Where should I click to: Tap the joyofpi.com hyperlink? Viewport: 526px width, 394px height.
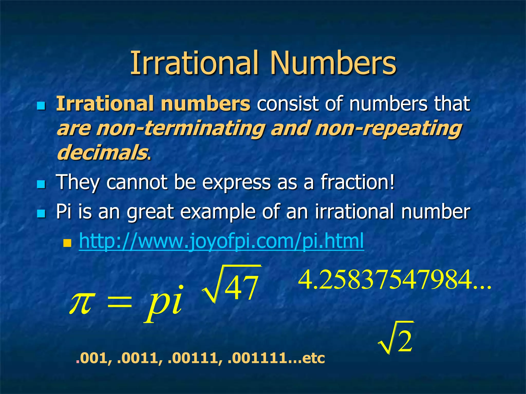click(x=221, y=241)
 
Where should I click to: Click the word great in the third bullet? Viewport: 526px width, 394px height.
click(x=150, y=212)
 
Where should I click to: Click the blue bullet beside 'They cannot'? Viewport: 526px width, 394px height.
click(x=41, y=184)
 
